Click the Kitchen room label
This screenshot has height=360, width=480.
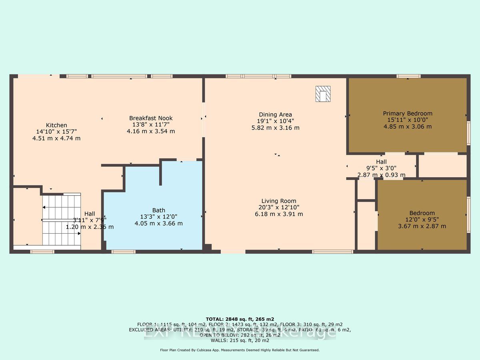pyautogui.click(x=56, y=125)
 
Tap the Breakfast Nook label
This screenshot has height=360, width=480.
pyautogui.click(x=151, y=118)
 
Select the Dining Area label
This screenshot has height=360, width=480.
pyautogui.click(x=275, y=115)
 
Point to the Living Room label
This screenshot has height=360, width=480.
pyautogui.click(x=279, y=201)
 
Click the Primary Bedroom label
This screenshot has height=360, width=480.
pyautogui.click(x=408, y=114)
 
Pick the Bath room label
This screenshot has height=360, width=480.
pyautogui.click(x=158, y=210)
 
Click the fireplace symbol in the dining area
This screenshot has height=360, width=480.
pyautogui.click(x=322, y=94)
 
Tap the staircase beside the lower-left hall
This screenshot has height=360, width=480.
pyautogui.click(x=62, y=220)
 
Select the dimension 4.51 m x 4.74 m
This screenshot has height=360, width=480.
pyautogui.click(x=56, y=138)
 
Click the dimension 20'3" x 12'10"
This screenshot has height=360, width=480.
pyautogui.click(x=279, y=208)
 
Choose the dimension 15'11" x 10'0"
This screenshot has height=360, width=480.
pyautogui.click(x=408, y=120)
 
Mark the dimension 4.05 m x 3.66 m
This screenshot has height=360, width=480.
pyautogui.click(x=158, y=223)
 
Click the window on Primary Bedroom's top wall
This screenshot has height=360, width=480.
pyautogui.click(x=408, y=76)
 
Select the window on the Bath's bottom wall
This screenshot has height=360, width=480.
pyautogui.click(x=123, y=252)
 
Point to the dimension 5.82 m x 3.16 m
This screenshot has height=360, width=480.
pyautogui.click(x=275, y=128)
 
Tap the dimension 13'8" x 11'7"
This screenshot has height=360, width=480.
pyautogui.click(x=151, y=124)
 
